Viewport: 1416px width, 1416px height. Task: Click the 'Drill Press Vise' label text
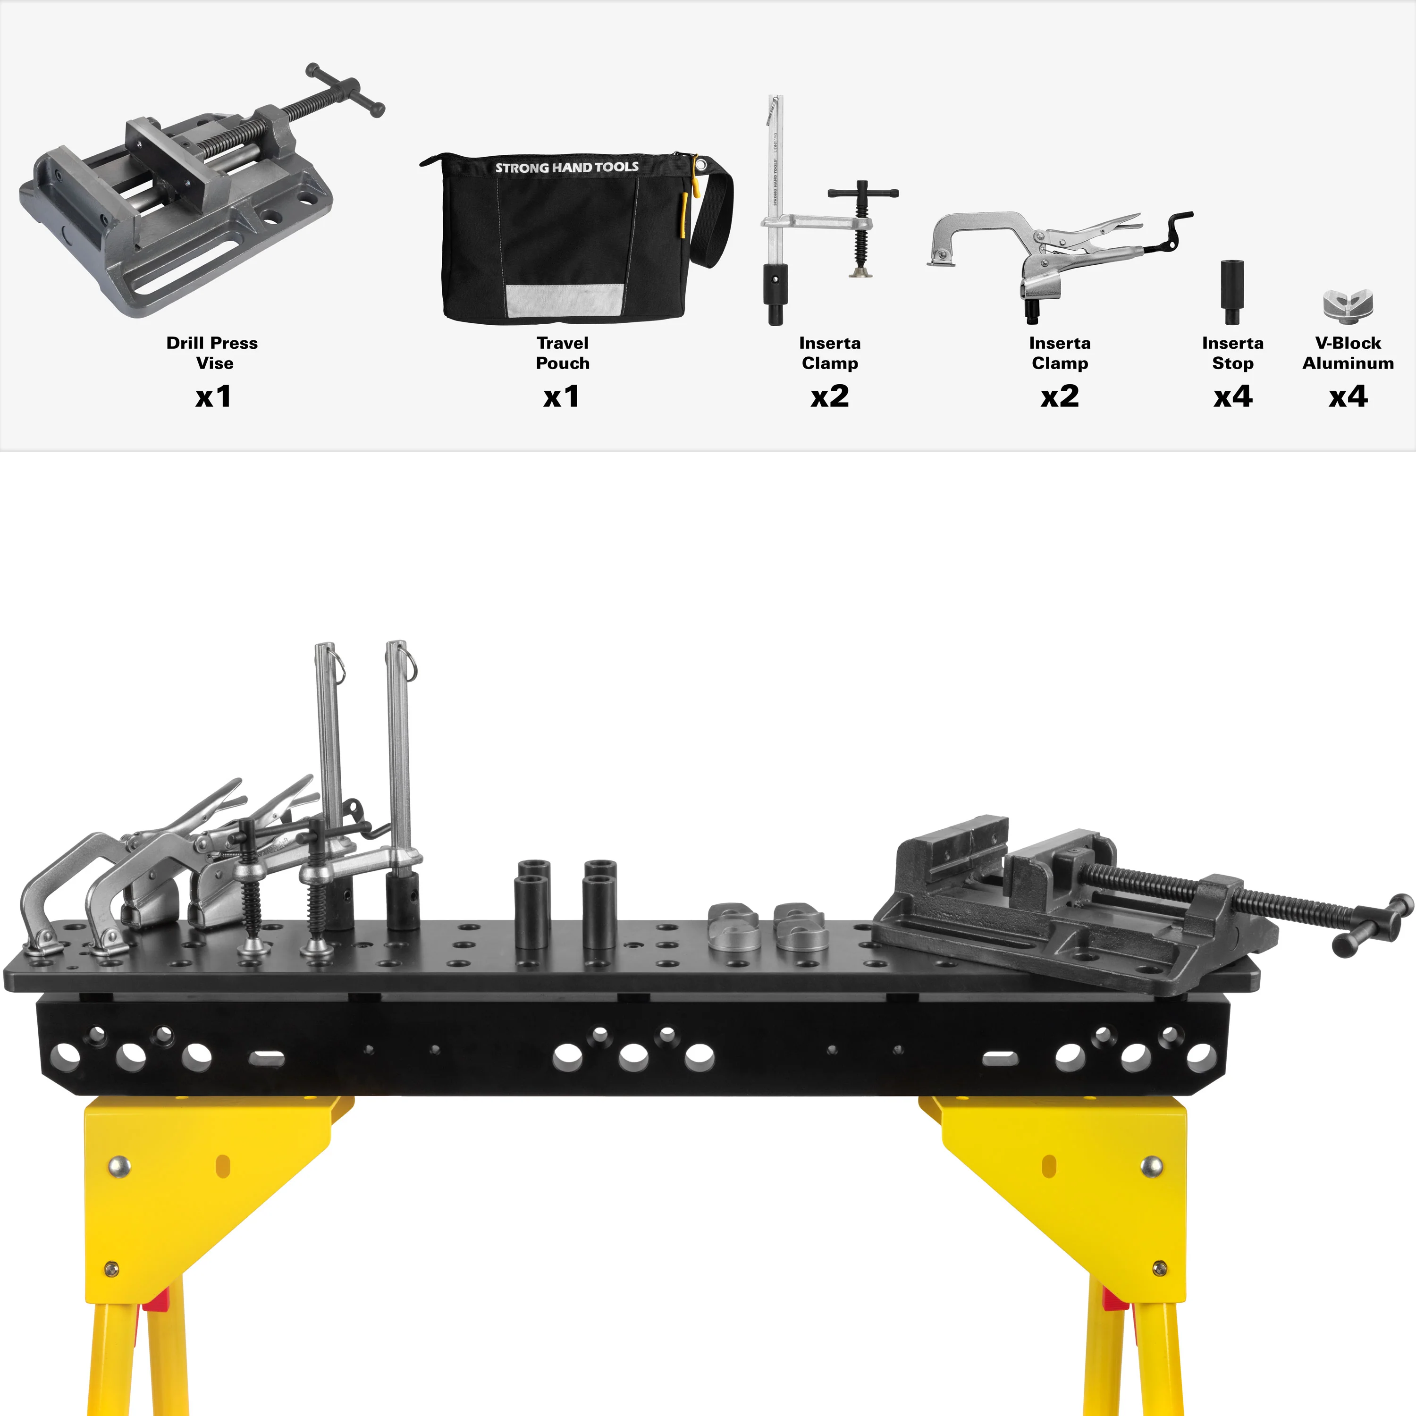212,353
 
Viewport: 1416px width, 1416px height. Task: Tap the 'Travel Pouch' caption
562,353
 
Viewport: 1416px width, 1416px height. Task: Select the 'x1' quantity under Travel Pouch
561,396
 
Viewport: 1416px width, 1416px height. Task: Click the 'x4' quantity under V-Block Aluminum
1348,396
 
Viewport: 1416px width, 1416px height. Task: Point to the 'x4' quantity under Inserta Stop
1233,396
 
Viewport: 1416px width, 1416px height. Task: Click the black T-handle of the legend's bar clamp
863,193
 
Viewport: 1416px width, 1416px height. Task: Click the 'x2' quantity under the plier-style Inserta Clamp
1059,396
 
